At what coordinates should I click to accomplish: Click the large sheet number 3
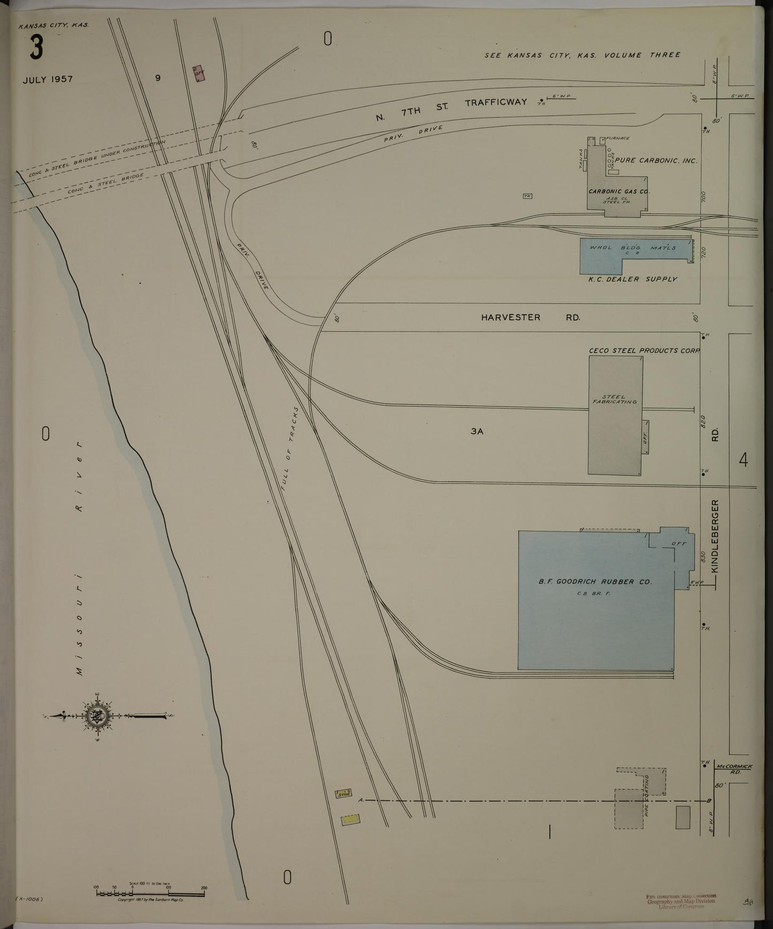36,49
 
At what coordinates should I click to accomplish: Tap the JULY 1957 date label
48,79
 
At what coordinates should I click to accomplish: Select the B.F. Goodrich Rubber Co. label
595,582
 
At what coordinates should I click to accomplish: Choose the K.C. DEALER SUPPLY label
632,279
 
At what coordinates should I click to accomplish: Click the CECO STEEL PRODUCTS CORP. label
644,351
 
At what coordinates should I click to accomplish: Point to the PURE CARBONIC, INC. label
656,160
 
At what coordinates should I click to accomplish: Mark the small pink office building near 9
199,74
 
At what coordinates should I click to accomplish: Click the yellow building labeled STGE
343,794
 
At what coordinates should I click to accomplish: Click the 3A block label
477,431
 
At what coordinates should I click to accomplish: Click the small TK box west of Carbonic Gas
527,196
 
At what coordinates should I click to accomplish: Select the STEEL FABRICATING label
614,399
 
